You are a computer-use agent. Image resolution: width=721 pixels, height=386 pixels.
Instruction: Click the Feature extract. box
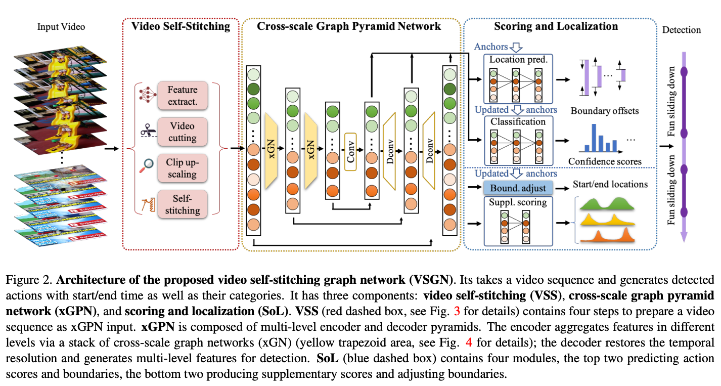pyautogui.click(x=183, y=96)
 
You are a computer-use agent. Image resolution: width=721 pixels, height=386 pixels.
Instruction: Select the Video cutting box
pyautogui.click(x=183, y=132)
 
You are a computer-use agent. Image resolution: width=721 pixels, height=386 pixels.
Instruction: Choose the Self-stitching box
pyautogui.click(x=183, y=204)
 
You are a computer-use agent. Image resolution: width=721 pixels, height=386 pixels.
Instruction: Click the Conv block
pyautogui.click(x=350, y=149)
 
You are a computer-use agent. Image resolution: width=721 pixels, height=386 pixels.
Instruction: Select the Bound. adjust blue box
pyautogui.click(x=518, y=188)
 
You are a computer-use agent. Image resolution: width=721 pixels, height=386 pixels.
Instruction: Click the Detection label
pyautogui.click(x=682, y=30)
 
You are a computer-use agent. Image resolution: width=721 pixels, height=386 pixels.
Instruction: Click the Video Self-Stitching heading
pyautogui.click(x=181, y=26)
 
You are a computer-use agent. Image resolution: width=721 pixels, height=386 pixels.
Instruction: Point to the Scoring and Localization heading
pyautogui.click(x=556, y=26)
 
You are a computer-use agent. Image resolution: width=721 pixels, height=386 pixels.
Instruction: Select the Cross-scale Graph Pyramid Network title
pyautogui.click(x=349, y=26)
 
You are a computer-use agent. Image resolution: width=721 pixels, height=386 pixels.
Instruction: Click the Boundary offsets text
pyautogui.click(x=604, y=111)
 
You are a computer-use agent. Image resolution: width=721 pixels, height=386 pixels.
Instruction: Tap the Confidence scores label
pyautogui.click(x=605, y=162)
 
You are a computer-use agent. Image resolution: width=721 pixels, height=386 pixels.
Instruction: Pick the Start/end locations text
pyautogui.click(x=610, y=184)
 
